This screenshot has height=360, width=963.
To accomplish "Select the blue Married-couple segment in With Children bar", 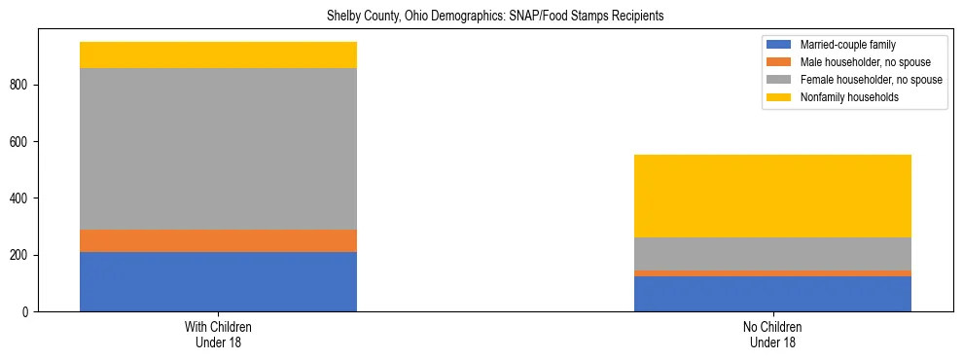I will click(218, 281).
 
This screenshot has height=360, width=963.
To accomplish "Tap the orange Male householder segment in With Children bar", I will click(218, 240).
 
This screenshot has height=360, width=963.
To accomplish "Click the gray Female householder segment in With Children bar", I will click(218, 149).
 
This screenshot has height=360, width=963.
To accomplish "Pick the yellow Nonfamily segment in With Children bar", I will click(218, 54).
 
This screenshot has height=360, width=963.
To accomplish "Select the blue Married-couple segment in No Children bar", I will click(772, 294).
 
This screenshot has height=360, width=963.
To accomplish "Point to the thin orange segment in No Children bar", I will click(772, 273).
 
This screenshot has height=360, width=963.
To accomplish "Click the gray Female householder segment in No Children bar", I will click(772, 254).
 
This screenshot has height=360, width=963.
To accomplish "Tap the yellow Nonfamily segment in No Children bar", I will click(772, 196).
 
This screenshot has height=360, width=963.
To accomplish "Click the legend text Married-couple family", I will click(847, 45).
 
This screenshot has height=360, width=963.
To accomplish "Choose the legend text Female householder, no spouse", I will click(871, 80).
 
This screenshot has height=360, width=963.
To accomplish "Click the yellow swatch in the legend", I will click(779, 97).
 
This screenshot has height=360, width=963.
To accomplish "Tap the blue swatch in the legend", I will click(779, 45).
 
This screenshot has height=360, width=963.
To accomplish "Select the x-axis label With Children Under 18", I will click(218, 335).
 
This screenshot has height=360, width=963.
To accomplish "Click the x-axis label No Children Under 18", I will click(772, 335).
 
